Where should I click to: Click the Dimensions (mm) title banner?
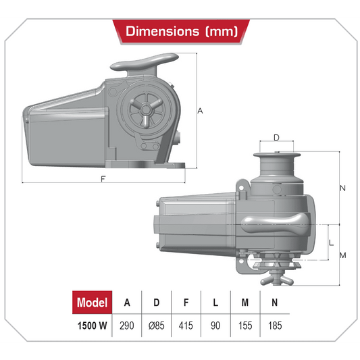[x=181, y=32]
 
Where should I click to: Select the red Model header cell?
[x=93, y=302]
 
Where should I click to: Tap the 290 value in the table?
[x=127, y=326]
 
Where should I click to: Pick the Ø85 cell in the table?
[x=156, y=326]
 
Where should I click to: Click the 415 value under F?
[x=186, y=326]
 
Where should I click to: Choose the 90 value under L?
[x=215, y=326]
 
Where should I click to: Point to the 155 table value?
[x=245, y=326]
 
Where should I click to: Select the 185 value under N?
[x=275, y=326]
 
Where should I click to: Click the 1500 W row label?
[x=93, y=326]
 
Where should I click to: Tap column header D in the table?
[x=156, y=303]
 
